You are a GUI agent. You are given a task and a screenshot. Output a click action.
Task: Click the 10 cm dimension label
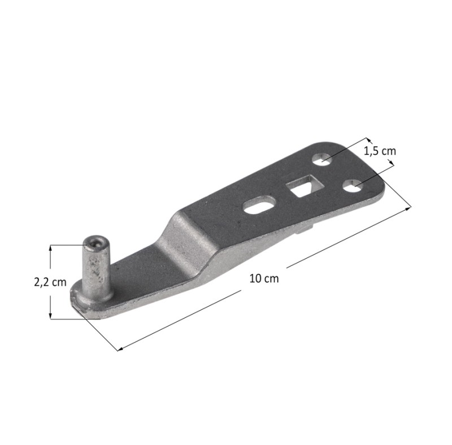[264, 279]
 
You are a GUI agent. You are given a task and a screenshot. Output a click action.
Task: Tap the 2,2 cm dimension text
[50, 282]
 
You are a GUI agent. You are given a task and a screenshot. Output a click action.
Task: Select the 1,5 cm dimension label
[380, 151]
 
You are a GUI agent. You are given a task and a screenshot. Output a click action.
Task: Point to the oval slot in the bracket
[259, 204]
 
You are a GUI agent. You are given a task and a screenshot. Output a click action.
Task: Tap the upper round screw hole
[322, 159]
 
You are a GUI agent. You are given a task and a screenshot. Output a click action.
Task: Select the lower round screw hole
[353, 186]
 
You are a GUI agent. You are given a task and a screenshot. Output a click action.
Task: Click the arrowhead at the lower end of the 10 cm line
[120, 349]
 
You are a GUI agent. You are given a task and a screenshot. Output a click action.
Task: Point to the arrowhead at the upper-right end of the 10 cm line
[408, 208]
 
